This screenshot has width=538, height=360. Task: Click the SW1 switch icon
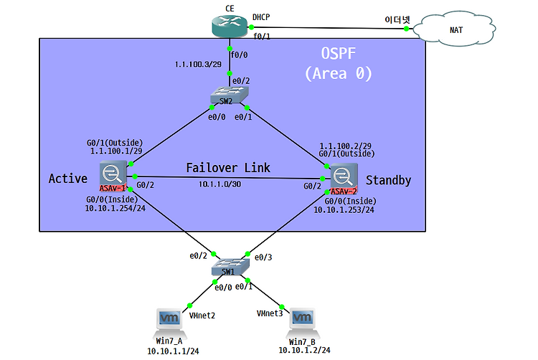230,267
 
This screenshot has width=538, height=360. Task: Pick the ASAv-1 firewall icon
113,175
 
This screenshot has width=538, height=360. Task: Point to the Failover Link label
228,168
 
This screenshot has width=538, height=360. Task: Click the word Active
67,178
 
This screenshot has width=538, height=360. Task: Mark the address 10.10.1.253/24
344,211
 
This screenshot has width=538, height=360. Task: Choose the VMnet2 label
203,314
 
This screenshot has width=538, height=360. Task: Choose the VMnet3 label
270,313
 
